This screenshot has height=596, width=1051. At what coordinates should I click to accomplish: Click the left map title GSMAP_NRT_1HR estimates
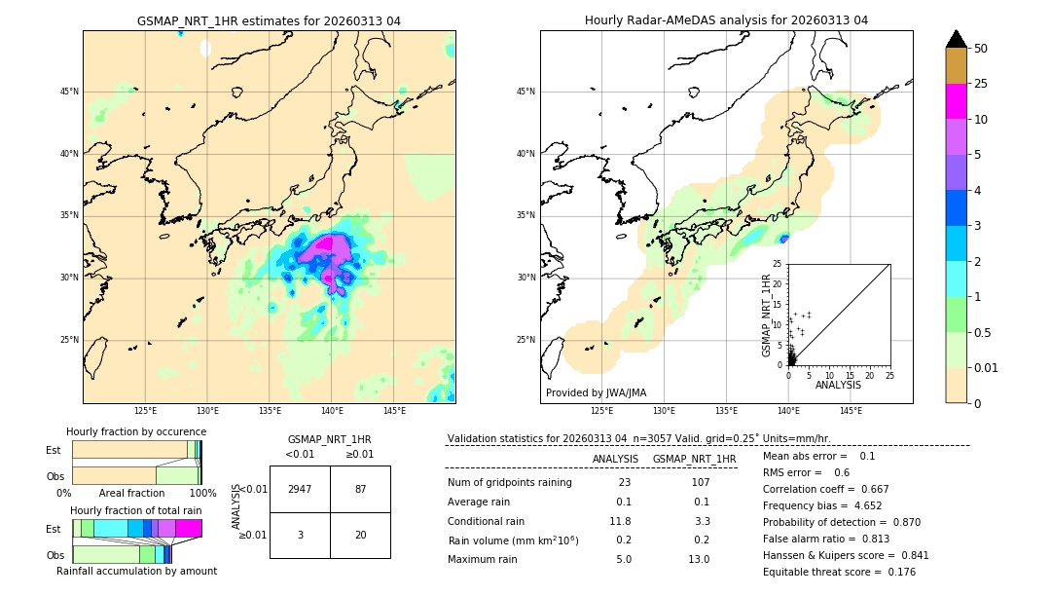pyautogui.click(x=269, y=20)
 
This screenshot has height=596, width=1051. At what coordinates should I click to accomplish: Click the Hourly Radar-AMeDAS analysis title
pyautogui.click(x=726, y=20)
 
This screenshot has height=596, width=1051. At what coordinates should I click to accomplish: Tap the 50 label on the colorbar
pyautogui.click(x=981, y=49)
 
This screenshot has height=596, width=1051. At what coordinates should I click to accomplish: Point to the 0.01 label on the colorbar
pyautogui.click(x=987, y=367)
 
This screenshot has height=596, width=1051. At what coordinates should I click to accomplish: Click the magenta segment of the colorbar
pyautogui.click(x=956, y=101)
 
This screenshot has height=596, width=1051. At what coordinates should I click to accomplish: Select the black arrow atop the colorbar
pyautogui.click(x=956, y=39)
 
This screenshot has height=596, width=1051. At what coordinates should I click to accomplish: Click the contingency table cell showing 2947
pyautogui.click(x=300, y=489)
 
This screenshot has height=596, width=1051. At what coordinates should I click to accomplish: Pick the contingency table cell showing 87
pyautogui.click(x=360, y=489)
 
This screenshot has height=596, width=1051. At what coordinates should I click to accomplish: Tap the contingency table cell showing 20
pyautogui.click(x=360, y=535)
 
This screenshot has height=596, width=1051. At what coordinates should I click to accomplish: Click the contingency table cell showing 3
pyautogui.click(x=300, y=535)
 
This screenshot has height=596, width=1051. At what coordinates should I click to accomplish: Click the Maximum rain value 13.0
pyautogui.click(x=699, y=559)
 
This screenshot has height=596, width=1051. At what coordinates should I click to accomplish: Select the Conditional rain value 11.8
pyautogui.click(x=621, y=521)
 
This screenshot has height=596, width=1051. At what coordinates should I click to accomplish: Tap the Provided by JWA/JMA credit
pyautogui.click(x=596, y=392)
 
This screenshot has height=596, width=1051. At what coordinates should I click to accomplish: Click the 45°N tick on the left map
pyautogui.click(x=69, y=92)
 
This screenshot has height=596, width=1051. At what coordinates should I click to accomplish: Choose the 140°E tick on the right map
pyautogui.click(x=788, y=411)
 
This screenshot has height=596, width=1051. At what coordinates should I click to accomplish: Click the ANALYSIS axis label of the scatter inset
pyautogui.click(x=838, y=386)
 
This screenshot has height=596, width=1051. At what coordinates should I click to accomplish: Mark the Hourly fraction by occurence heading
pyautogui.click(x=136, y=431)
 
